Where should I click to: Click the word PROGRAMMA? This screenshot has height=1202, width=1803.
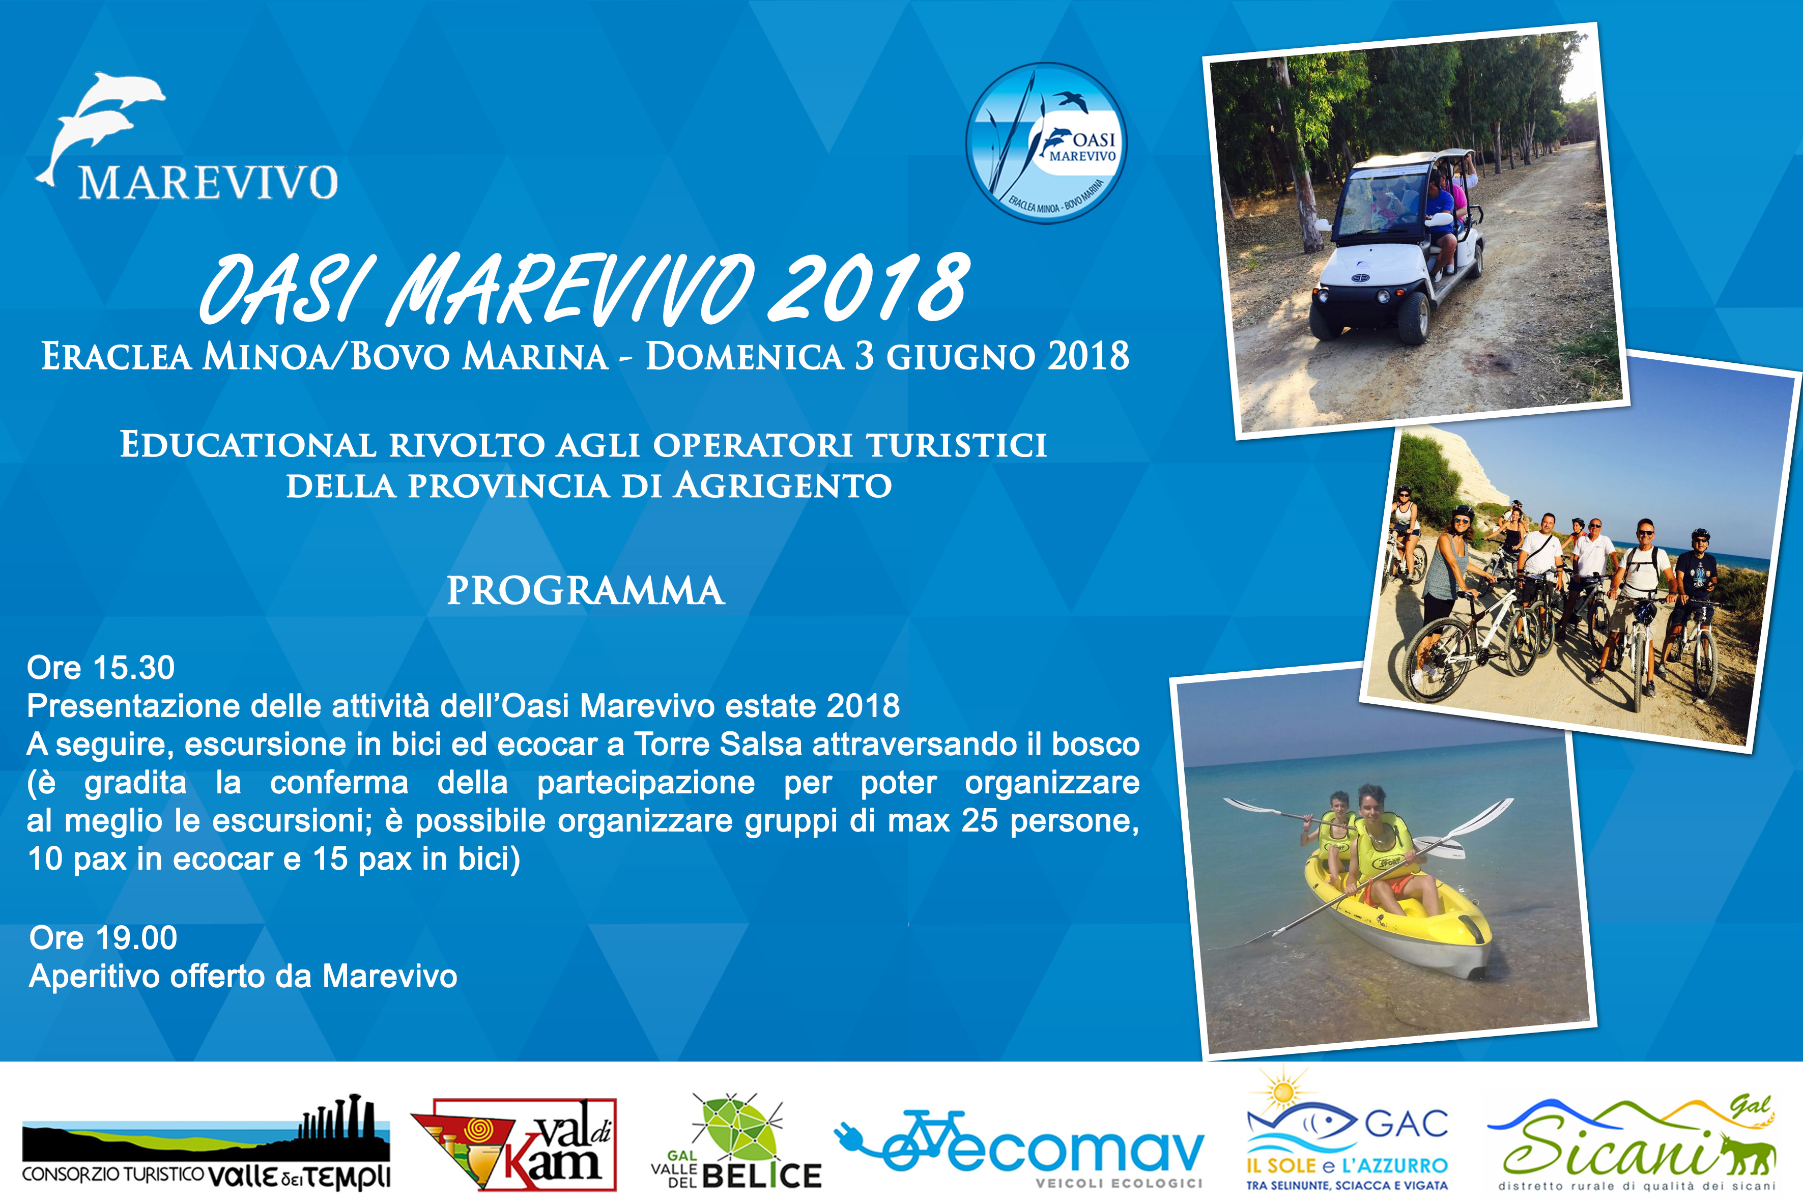(x=586, y=591)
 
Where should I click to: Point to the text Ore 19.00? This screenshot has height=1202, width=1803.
(x=103, y=937)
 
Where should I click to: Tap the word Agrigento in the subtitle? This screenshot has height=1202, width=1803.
(x=783, y=486)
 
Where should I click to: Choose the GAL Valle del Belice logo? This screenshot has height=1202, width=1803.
(x=736, y=1142)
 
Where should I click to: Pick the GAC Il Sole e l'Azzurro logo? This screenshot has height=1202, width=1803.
(x=1347, y=1133)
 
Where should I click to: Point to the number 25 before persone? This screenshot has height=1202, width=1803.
(x=980, y=821)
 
